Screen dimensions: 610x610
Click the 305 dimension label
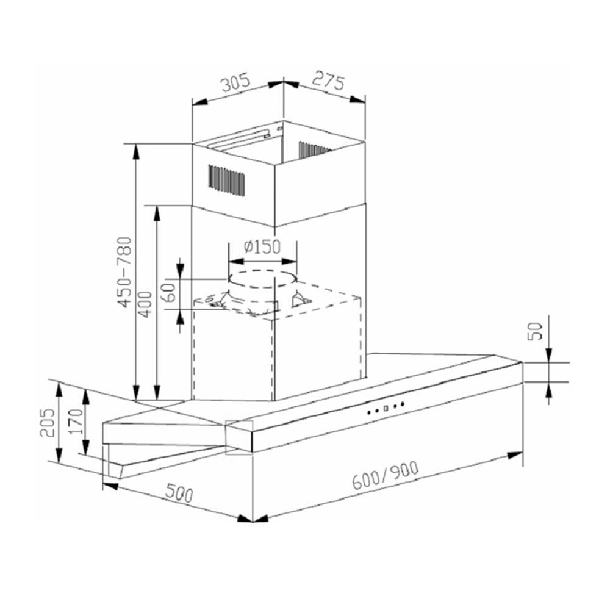236,82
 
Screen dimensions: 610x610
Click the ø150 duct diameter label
262,247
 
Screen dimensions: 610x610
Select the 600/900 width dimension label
386,478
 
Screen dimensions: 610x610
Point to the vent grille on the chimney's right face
313,149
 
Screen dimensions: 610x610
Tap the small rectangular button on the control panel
386,407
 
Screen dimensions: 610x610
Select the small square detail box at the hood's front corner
239,437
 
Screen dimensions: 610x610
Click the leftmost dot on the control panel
369,412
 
